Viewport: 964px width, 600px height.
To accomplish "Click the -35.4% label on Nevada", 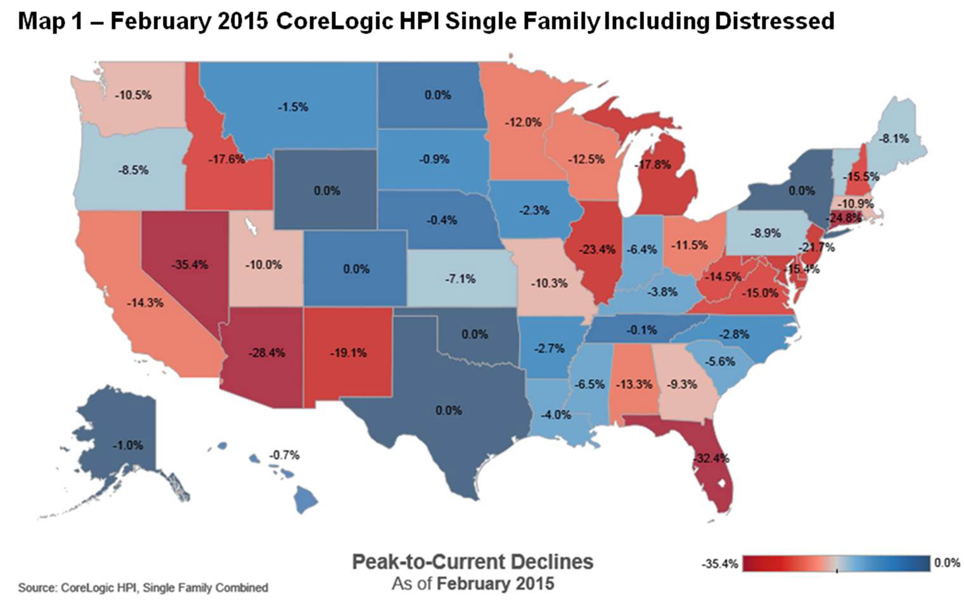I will click(x=190, y=264).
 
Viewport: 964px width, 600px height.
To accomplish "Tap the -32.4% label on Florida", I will click(x=712, y=458).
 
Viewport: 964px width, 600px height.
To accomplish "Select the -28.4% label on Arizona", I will click(x=267, y=353).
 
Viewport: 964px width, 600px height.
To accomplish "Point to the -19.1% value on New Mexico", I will click(x=348, y=353).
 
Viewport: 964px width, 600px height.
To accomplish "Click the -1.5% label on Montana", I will click(x=293, y=107).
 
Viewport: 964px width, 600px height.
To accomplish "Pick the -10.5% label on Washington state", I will click(x=133, y=95).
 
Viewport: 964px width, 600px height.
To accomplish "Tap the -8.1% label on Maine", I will click(x=894, y=138).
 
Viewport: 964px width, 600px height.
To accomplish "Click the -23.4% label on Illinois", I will click(x=598, y=249).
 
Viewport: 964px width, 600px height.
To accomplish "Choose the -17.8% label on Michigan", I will click(x=653, y=165).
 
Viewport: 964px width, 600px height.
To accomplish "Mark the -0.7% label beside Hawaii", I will click(x=284, y=455).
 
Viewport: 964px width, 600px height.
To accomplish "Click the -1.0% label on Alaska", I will click(x=127, y=445).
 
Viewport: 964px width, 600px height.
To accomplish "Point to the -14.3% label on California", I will click(x=145, y=303).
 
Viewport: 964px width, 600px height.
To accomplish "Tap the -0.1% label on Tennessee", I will click(x=641, y=330).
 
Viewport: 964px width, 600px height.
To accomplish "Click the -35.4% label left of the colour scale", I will click(x=719, y=563).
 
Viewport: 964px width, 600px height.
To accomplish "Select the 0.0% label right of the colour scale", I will click(x=947, y=563).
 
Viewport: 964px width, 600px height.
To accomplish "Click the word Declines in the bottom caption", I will click(x=551, y=561).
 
